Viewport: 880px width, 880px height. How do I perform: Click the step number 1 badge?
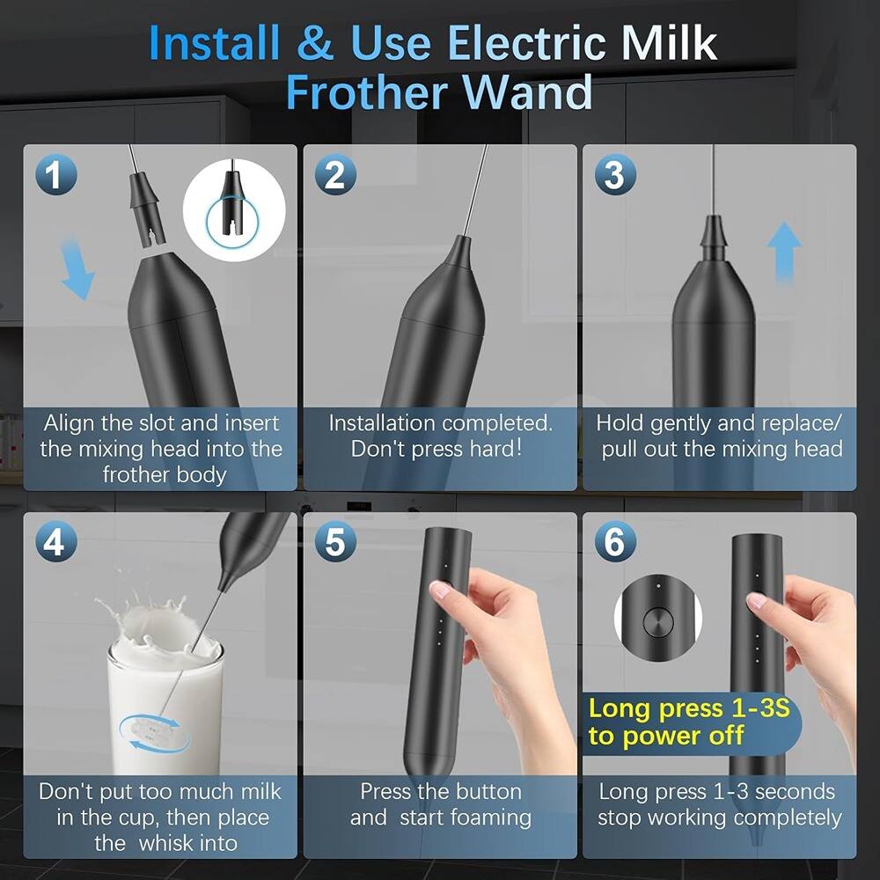click(55, 176)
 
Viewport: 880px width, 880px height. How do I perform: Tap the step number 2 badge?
click(334, 176)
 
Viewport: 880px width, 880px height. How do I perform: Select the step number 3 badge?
click(615, 176)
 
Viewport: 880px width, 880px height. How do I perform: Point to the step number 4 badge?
click(55, 543)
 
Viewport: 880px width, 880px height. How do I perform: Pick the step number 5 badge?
click(334, 543)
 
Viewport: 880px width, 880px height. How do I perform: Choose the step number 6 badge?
click(615, 543)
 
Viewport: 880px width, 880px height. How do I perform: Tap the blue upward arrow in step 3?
click(783, 250)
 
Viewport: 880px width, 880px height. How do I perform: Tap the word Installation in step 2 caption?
click(384, 422)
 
